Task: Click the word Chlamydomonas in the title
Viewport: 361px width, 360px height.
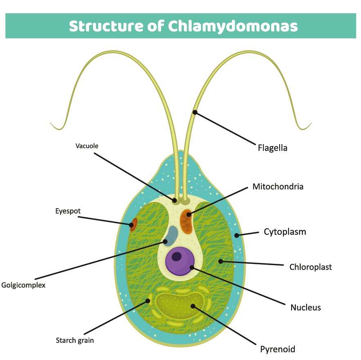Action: point(232,26)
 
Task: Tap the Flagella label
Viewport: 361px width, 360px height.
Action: point(272,148)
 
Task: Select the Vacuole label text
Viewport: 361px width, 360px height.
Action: point(87,146)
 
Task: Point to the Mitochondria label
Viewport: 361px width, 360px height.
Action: point(278,187)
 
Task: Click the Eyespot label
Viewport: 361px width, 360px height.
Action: point(68,211)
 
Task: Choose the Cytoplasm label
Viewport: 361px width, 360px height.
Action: point(285,232)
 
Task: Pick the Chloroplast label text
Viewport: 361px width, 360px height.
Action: point(310,267)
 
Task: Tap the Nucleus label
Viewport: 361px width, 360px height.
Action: point(305,307)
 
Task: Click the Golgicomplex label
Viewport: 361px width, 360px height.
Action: point(23,285)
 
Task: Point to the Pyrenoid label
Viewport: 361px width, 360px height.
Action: point(277,349)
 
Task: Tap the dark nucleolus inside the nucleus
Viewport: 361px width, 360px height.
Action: point(177,256)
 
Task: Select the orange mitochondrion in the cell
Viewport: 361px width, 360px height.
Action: point(186,222)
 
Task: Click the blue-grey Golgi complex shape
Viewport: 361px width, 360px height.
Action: point(171,236)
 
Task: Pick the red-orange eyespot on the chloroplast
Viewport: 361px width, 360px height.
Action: point(133,224)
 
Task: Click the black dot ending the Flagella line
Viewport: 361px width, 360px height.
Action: point(195,112)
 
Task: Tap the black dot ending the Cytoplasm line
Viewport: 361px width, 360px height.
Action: point(237,235)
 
